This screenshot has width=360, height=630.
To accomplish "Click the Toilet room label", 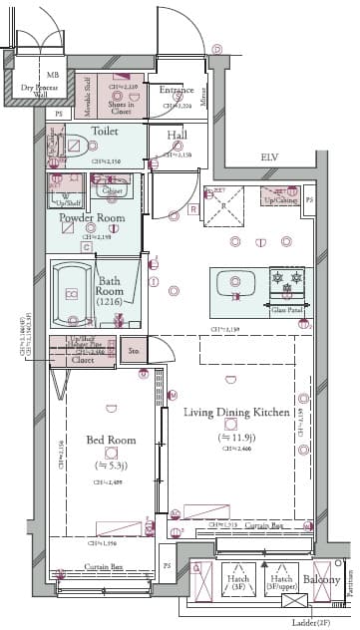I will pos(105,131).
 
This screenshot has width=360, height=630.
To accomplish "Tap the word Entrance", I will pos(177,90).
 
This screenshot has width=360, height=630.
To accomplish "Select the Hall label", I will pos(177,135).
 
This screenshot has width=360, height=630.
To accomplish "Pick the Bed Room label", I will pos(105,440).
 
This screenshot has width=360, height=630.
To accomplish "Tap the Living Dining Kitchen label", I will pos(235,412).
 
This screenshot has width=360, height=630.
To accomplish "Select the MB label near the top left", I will pos(53,74).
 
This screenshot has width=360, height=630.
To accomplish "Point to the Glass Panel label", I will pos(287,310).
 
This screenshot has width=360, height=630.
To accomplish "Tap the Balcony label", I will pos(322,580).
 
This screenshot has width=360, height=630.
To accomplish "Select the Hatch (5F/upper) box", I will pos(280,583).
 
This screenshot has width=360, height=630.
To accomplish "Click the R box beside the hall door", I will pos(192,210).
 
